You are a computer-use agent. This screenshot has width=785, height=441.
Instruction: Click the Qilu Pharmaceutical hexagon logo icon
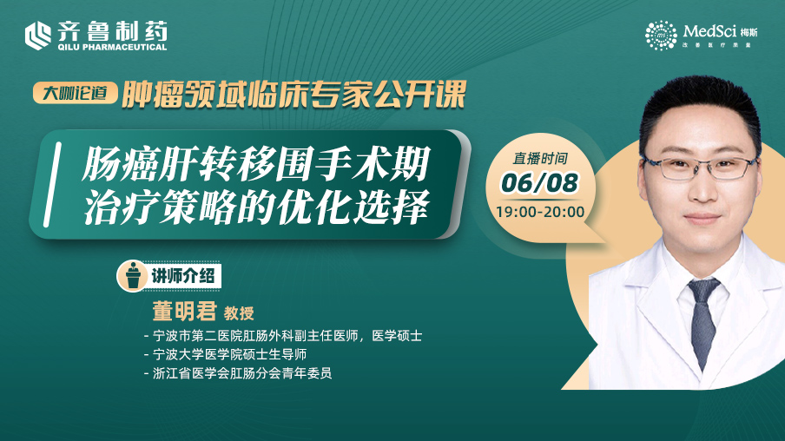[38, 36]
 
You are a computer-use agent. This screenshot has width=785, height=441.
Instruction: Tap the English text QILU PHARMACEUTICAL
[112, 47]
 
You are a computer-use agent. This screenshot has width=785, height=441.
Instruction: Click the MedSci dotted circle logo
[660, 35]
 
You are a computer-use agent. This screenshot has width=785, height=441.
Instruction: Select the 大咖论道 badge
[75, 93]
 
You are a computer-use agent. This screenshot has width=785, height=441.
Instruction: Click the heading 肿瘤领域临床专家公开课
[294, 94]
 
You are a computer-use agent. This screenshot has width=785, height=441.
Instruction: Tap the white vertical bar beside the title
[53, 184]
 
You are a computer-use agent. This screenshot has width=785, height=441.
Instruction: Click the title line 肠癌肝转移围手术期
[256, 163]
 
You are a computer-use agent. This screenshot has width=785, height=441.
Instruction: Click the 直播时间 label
[540, 159]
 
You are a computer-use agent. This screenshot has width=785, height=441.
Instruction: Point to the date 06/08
[539, 182]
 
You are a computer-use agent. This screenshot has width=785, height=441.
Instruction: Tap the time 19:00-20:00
[540, 212]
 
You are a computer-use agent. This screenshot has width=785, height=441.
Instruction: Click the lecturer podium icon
[133, 275]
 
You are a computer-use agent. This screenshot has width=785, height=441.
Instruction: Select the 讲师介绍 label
[182, 276]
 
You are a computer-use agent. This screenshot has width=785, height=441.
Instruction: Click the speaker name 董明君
[184, 311]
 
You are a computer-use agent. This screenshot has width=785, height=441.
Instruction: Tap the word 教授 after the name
[239, 313]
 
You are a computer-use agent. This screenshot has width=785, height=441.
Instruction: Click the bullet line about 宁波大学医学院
[225, 354]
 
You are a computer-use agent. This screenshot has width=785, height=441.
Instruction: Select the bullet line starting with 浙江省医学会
[238, 373]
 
